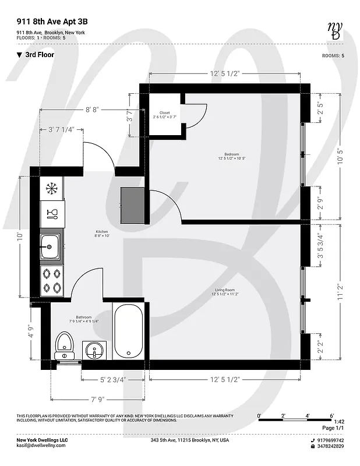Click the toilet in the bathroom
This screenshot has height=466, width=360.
(x=63, y=347)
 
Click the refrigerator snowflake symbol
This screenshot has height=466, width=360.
(x=51, y=189)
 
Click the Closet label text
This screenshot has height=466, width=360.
(x=164, y=113)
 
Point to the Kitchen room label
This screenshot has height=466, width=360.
(x=102, y=232)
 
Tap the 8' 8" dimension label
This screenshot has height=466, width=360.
(x=92, y=109)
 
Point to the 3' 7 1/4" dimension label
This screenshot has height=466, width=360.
(x=61, y=129)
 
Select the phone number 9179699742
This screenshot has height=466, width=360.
(x=331, y=440)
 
